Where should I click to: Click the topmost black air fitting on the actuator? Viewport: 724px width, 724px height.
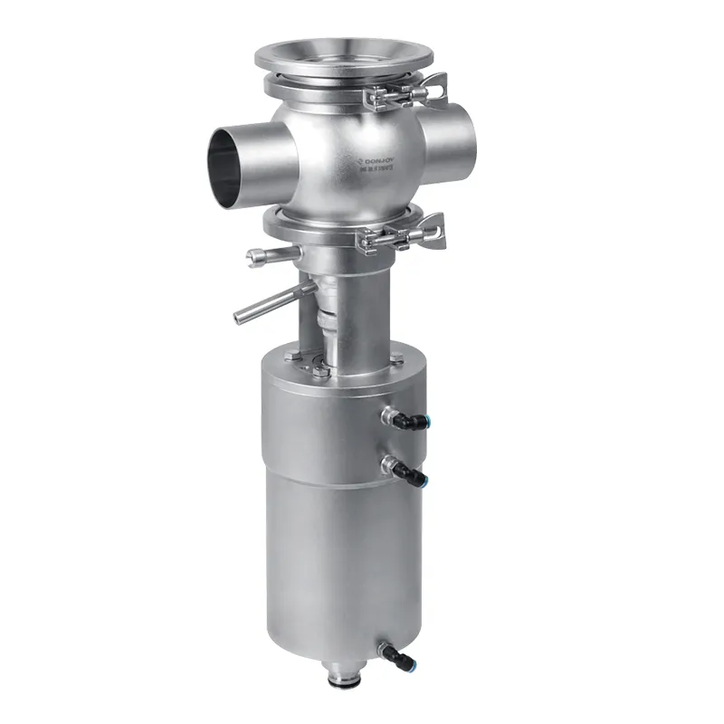pos(405,418)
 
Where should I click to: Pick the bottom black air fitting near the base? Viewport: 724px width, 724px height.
pos(395,653)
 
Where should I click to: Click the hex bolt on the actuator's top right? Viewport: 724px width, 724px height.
pos(395,361)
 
